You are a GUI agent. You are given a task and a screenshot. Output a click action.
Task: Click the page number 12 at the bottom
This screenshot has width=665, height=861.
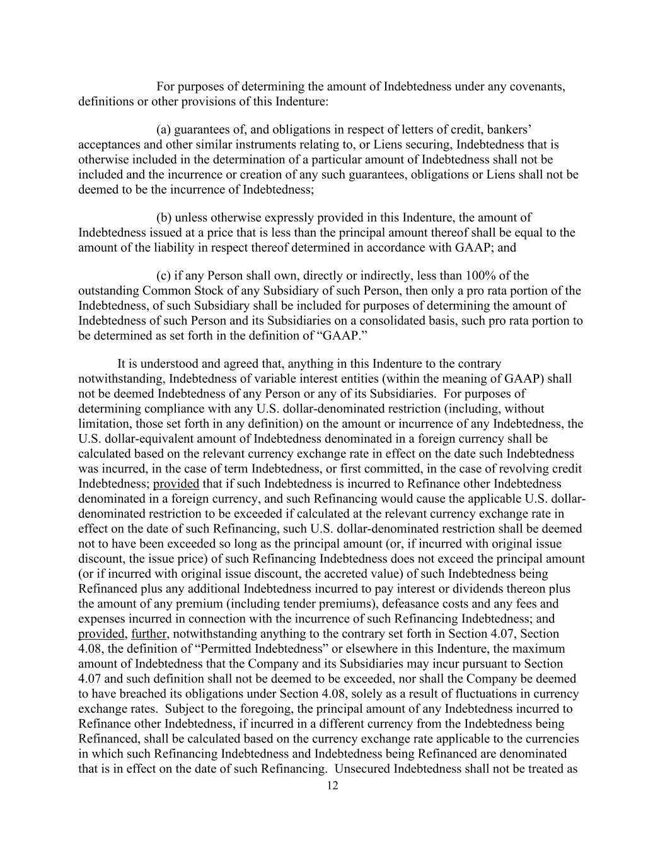[x=333, y=785]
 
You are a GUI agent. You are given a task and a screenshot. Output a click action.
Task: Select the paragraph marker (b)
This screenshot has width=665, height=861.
[x=164, y=218]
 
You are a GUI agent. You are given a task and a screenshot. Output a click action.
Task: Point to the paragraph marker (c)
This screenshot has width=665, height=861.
[x=163, y=276]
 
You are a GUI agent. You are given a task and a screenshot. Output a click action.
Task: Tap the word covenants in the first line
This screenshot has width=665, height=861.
[x=540, y=86]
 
